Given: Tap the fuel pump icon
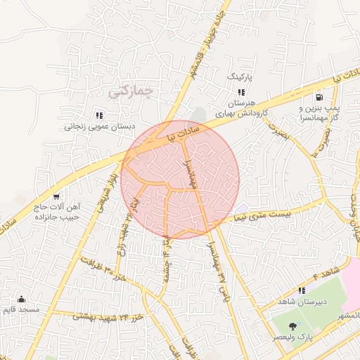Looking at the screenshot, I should [320, 98].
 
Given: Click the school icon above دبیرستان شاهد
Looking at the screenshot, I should [302, 290].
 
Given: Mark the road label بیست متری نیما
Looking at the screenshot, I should [264, 212].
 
